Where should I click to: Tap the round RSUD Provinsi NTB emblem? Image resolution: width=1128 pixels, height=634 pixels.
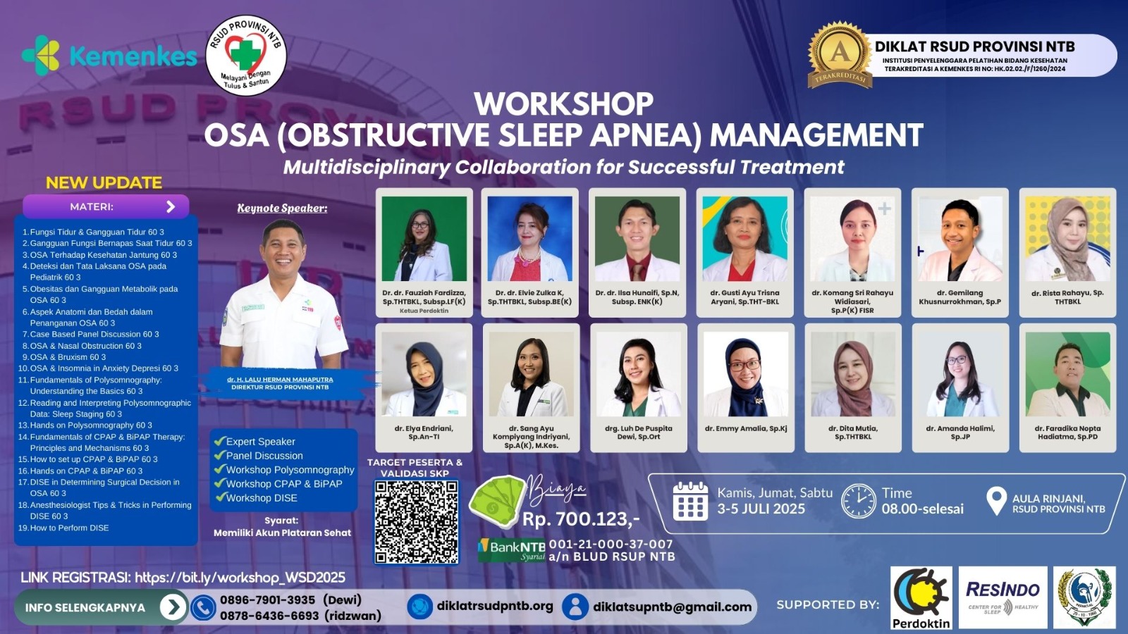point(245,55)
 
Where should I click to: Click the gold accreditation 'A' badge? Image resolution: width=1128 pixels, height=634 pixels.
point(840,54)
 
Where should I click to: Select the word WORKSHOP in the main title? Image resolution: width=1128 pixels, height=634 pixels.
point(563,104)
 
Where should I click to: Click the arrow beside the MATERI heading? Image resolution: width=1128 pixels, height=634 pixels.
point(171,206)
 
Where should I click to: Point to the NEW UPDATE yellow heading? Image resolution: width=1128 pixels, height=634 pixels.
point(104,182)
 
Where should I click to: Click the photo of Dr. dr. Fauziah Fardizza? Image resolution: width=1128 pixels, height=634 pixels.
point(424,239)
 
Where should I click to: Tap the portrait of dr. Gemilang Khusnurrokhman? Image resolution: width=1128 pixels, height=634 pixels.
point(960,239)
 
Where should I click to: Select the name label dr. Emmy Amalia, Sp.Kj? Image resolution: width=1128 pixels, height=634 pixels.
point(746,428)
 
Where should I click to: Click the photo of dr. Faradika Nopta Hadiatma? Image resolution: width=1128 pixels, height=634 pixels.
point(1067,374)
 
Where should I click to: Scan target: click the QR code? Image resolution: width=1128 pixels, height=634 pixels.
point(416,521)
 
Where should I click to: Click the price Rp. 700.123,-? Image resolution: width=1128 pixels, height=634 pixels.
point(581,519)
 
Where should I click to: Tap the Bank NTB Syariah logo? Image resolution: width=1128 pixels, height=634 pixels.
point(512,549)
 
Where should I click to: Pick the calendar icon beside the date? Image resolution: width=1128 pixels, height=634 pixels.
point(690,501)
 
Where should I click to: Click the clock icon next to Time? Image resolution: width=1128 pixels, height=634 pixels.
point(859,501)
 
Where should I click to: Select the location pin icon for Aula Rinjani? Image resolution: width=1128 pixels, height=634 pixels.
point(995,501)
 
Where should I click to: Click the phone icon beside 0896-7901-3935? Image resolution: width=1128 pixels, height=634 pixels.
point(203,607)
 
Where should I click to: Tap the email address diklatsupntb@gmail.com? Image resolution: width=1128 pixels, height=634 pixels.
point(672,607)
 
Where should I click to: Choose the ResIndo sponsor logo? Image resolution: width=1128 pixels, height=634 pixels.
point(1003,597)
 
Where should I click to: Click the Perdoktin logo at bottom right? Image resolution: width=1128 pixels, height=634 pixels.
point(921,597)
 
